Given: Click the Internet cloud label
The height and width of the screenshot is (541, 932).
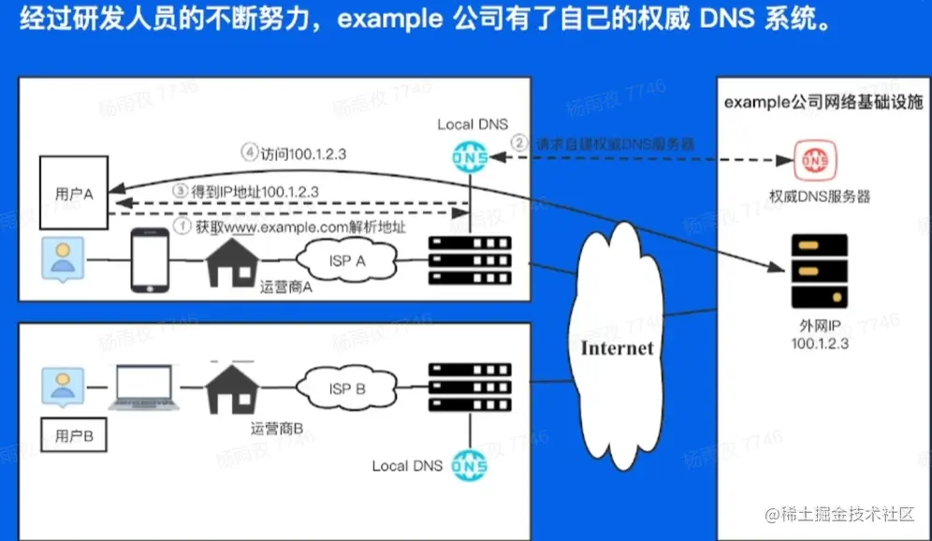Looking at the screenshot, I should click(618, 348).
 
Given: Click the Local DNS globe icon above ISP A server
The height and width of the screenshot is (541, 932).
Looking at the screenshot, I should click(470, 157).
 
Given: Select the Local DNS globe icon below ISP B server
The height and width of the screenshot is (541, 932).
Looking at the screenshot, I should click(470, 464).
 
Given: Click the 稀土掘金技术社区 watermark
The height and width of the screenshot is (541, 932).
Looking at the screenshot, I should click(842, 514).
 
